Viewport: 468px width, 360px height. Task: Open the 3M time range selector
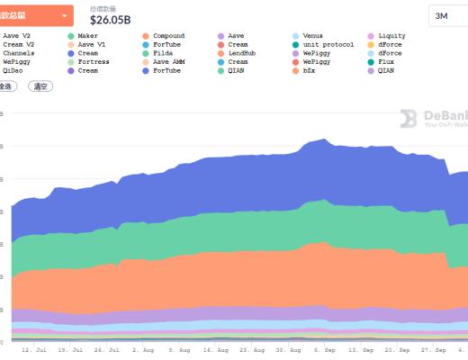point(447,15)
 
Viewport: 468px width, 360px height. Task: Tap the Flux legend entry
point(387,61)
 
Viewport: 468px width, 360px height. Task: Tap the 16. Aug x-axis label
point(215,349)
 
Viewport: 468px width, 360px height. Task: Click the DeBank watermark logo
point(432,118)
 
